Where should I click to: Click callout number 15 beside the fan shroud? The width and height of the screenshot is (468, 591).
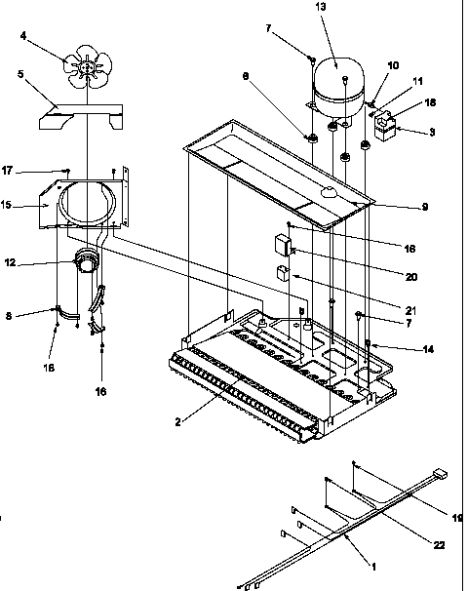point(32,205)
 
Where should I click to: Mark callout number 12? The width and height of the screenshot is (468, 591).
point(36,261)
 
